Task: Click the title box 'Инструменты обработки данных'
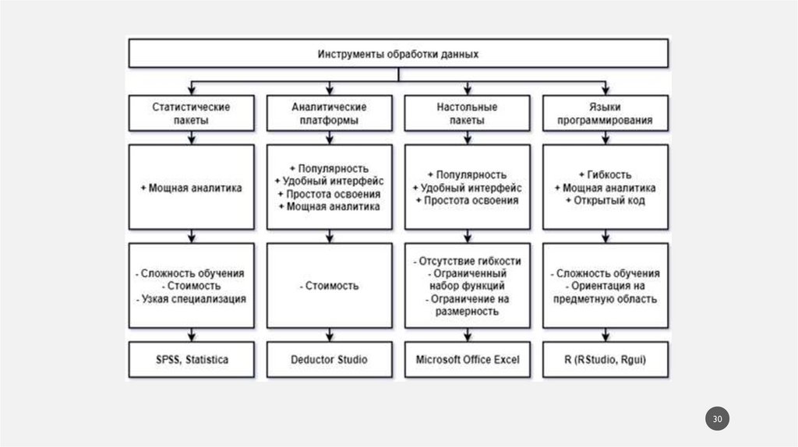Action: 397,55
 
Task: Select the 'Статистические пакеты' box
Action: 191,114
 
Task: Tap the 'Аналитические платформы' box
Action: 329,114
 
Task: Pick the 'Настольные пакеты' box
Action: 467,114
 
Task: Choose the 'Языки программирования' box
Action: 605,114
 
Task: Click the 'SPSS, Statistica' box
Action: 191,360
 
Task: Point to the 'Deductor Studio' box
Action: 329,360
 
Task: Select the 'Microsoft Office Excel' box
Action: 467,360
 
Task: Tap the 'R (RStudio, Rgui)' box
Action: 605,360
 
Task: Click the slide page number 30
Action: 718,420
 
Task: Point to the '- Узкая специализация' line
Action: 191,298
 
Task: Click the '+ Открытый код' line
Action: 605,200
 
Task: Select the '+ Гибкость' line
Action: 605,174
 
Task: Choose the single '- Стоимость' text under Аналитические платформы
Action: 329,286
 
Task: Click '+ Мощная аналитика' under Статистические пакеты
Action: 191,188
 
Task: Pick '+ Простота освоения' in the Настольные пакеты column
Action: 467,200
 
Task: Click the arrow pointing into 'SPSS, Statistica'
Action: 191,337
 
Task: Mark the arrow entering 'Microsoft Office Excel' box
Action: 467,337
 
